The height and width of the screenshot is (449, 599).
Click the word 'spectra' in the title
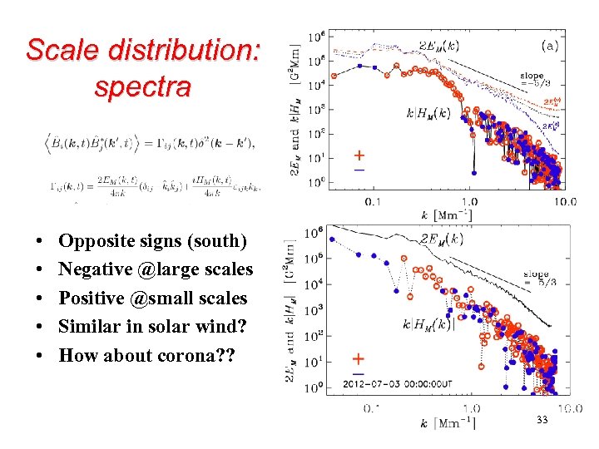[142, 86]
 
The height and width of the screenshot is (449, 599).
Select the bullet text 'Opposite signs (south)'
[153, 241]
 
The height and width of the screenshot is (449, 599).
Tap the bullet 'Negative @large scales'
[156, 269]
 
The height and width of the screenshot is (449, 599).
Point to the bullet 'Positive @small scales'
[153, 298]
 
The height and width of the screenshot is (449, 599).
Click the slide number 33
[542, 421]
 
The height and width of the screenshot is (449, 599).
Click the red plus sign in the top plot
[359, 155]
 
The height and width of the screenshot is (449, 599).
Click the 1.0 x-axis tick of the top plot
[470, 200]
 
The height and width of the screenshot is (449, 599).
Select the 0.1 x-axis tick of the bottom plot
[374, 408]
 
